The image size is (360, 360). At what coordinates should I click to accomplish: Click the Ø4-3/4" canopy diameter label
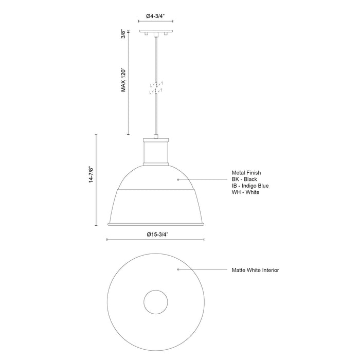click(x=155, y=16)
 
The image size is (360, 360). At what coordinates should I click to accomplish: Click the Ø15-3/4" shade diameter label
click(x=155, y=234)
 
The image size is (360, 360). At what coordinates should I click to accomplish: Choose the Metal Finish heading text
click(x=246, y=173)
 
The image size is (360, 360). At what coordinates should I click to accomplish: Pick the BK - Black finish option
click(x=244, y=179)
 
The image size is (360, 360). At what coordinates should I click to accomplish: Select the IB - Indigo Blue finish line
click(x=250, y=186)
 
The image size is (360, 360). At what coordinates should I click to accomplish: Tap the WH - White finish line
click(x=245, y=192)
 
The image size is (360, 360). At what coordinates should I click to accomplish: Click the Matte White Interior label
click(x=255, y=269)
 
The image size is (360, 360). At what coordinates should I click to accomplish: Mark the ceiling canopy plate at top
click(x=155, y=32)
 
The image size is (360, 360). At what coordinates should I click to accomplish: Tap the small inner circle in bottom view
click(x=155, y=301)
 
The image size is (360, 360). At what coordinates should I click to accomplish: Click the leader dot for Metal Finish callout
click(x=178, y=179)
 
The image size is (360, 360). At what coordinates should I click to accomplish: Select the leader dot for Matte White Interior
click(x=178, y=269)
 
